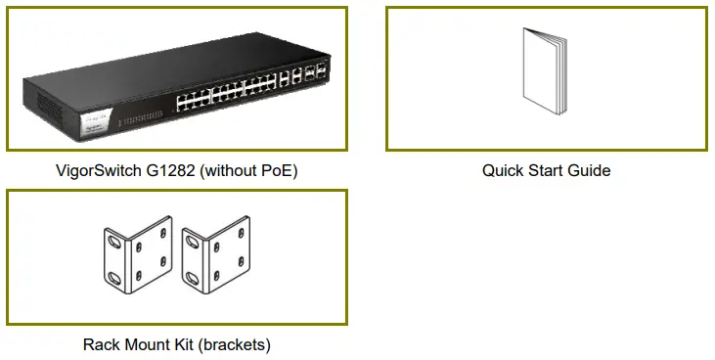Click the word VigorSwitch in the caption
coord(99,170)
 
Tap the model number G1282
coord(172,170)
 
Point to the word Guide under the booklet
coord(589,170)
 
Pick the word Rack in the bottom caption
coord(102,344)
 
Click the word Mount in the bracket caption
coord(148,344)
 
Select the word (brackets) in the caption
coord(235,344)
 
